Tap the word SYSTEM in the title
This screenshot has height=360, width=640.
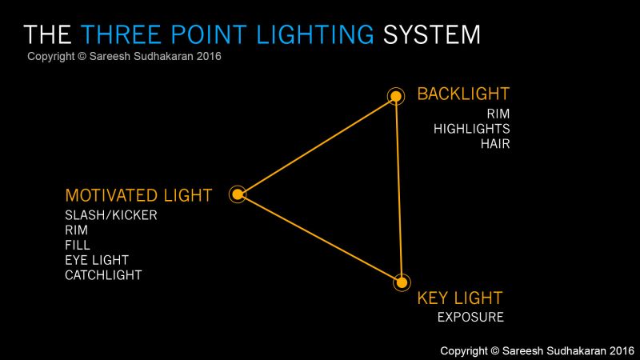(x=432, y=34)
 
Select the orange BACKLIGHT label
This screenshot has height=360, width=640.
(x=463, y=94)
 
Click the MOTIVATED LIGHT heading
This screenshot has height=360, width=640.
(x=138, y=195)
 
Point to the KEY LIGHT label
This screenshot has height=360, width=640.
(x=459, y=298)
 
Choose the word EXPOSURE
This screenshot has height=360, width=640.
(x=470, y=318)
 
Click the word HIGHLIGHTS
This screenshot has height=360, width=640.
(x=471, y=129)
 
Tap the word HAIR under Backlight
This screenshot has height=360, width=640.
(x=495, y=144)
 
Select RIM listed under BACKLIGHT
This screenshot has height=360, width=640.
(x=498, y=114)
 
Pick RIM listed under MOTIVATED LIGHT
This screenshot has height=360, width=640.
(x=77, y=230)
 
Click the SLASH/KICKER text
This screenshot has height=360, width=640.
(x=111, y=214)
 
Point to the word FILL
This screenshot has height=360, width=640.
(x=78, y=245)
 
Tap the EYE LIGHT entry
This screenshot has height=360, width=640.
(x=97, y=260)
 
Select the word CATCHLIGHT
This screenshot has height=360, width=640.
(x=103, y=275)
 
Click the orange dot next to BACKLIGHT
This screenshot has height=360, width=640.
(x=395, y=97)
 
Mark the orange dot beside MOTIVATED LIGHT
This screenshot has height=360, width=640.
(x=238, y=194)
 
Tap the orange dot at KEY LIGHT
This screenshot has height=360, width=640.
(x=402, y=282)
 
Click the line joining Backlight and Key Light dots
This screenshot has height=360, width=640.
(x=398, y=189)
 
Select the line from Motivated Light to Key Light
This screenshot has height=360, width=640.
(x=320, y=238)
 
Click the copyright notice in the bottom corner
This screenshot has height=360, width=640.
(x=537, y=350)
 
